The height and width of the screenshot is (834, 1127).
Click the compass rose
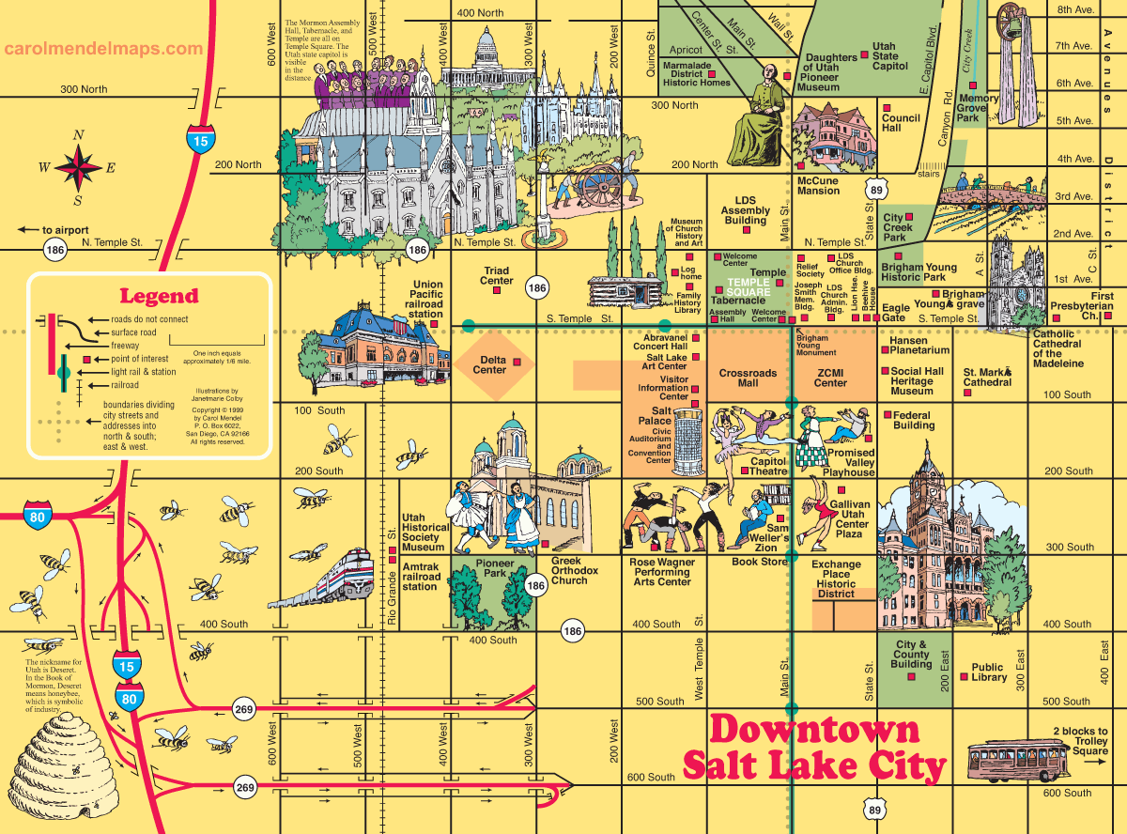click(x=78, y=168)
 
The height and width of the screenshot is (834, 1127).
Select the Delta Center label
click(x=489, y=364)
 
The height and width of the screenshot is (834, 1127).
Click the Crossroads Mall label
click(x=748, y=378)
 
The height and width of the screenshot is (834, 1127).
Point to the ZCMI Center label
click(x=830, y=378)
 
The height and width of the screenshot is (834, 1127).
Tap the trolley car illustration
click(x=1018, y=761)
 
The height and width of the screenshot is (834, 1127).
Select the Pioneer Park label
click(x=495, y=568)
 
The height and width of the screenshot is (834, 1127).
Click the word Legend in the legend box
click(x=159, y=296)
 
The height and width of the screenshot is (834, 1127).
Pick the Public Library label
click(x=989, y=672)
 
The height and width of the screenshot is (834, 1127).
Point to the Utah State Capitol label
click(x=889, y=56)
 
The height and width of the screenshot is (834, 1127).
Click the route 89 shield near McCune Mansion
click(x=875, y=191)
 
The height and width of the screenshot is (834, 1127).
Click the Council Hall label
click(x=901, y=123)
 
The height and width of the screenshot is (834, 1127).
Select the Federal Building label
click(x=913, y=420)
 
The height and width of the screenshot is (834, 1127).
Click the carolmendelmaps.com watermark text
click(x=102, y=49)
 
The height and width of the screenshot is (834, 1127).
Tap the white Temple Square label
click(x=748, y=287)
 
